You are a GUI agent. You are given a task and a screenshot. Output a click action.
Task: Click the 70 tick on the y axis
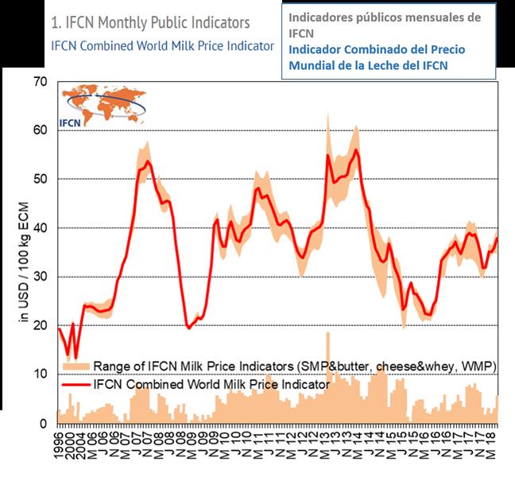(41, 82)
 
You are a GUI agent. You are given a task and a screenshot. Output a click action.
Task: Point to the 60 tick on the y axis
(41, 130)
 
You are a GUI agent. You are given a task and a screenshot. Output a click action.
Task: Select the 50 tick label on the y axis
(41, 180)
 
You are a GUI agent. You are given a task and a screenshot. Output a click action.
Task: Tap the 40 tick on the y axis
(41, 228)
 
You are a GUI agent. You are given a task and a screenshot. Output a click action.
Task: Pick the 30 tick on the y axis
(41, 277)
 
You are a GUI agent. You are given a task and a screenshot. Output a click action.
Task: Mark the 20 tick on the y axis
(41, 326)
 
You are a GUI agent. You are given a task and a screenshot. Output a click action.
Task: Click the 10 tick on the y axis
(41, 374)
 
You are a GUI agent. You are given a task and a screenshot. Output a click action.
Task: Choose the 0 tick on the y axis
(44, 424)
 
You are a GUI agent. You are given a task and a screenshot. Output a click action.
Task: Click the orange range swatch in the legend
(75, 366)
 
